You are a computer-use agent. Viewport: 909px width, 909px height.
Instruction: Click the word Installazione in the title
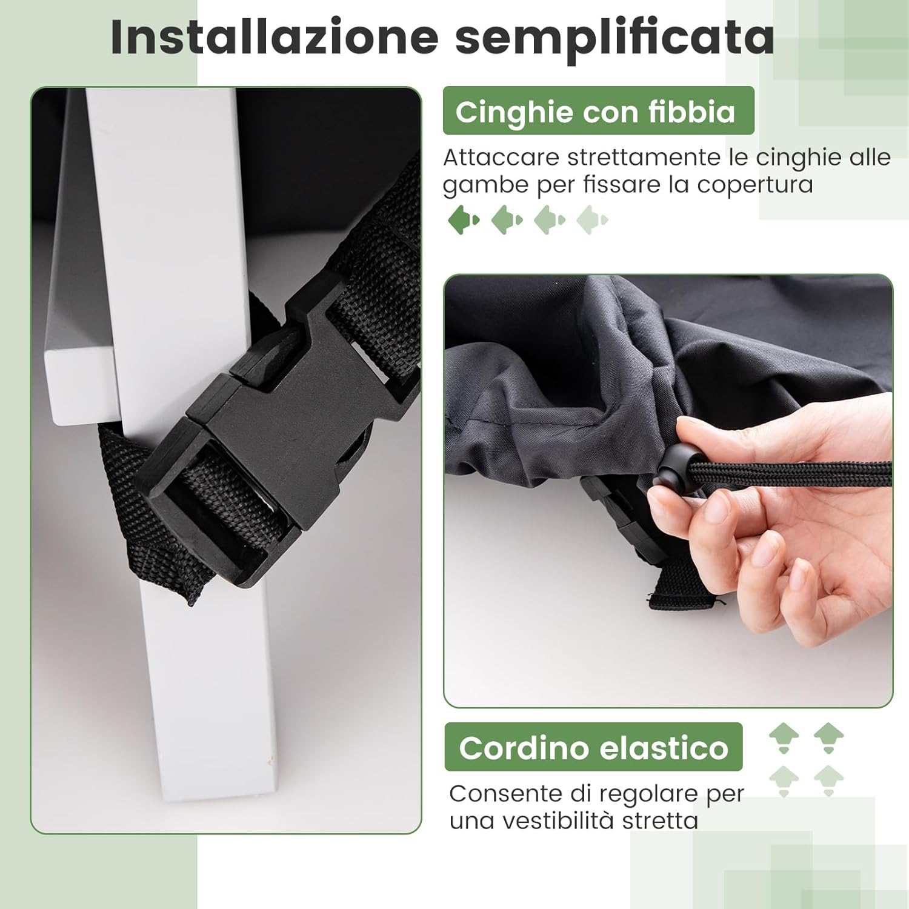(274, 38)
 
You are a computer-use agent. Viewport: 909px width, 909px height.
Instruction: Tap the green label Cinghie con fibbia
(598, 112)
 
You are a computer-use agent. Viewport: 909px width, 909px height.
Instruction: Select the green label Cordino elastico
(593, 747)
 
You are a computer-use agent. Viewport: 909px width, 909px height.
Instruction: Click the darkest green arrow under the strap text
(464, 219)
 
